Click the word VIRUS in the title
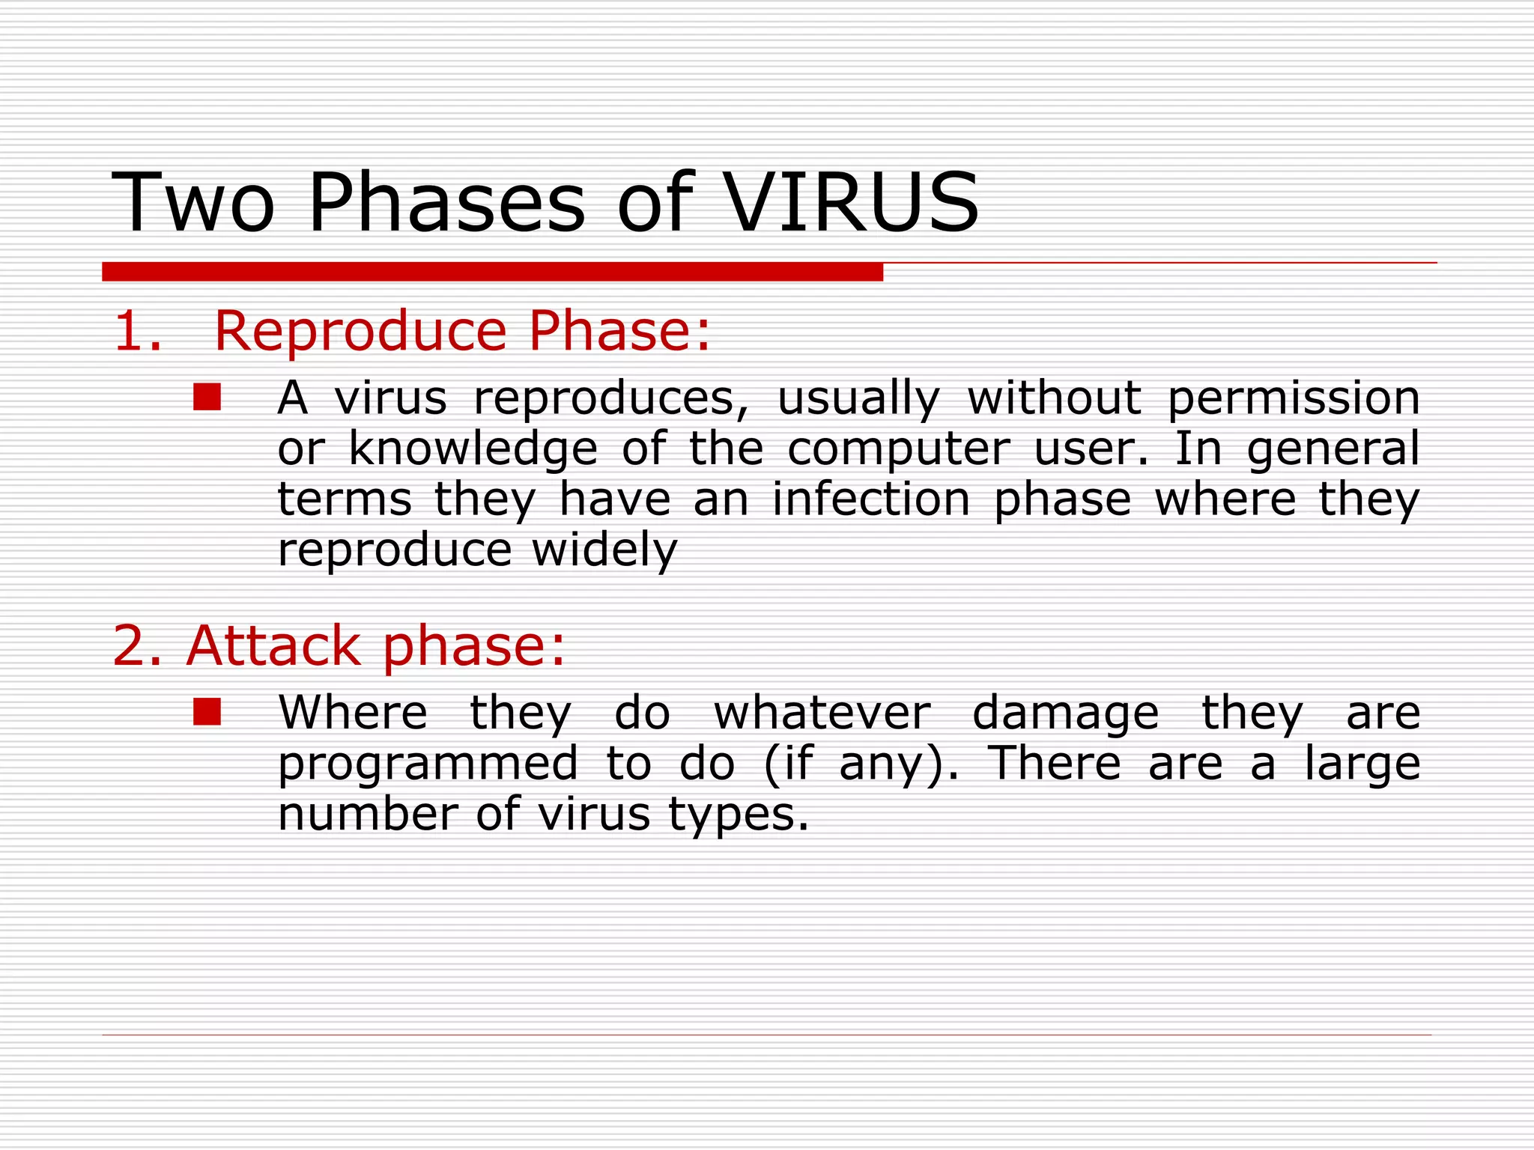coord(852,203)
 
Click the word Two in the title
coord(193,203)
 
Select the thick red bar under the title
coord(492,272)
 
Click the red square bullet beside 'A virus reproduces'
coord(207,398)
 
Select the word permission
coord(1294,399)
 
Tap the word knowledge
coord(473,450)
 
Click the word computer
coord(898,450)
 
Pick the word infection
coord(871,499)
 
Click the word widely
coord(604,551)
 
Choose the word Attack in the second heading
coord(273,645)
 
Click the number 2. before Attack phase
coord(137,645)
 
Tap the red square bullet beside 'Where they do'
coord(207,713)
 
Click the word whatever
coord(822,713)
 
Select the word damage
coord(1066,714)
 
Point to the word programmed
coord(428,765)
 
